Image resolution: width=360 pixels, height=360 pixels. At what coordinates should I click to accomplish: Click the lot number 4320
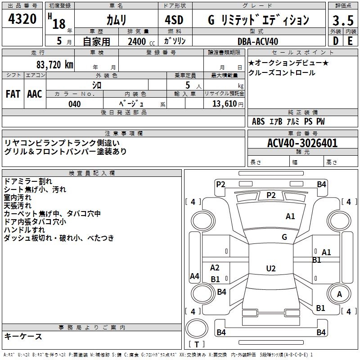(x=22, y=19)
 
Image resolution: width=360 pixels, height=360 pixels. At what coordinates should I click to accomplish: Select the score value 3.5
(x=342, y=21)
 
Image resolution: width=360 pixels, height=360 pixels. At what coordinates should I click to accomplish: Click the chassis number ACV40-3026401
(x=302, y=143)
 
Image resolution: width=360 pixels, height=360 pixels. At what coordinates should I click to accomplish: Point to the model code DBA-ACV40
(x=258, y=41)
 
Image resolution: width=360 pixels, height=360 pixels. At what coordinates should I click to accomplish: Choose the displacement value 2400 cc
(x=138, y=41)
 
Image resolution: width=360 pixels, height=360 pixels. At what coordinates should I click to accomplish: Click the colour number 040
(x=75, y=104)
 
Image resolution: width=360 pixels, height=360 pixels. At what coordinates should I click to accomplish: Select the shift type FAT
(x=13, y=94)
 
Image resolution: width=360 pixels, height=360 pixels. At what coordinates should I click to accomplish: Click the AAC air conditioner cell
(x=35, y=94)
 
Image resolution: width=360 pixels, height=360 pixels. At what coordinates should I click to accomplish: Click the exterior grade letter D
(x=336, y=41)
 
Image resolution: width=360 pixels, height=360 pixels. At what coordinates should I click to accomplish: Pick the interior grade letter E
(x=350, y=41)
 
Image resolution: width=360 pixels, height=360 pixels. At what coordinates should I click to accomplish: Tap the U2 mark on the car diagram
(x=270, y=269)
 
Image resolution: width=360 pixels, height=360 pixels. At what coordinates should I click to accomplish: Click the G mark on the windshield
(x=284, y=237)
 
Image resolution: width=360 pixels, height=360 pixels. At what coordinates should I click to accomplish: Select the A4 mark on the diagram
(x=194, y=276)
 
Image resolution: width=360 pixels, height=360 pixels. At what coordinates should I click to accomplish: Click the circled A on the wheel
(x=339, y=294)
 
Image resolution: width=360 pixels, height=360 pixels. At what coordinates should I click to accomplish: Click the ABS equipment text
(x=258, y=121)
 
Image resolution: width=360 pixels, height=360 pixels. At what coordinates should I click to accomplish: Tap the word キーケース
(x=23, y=336)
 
